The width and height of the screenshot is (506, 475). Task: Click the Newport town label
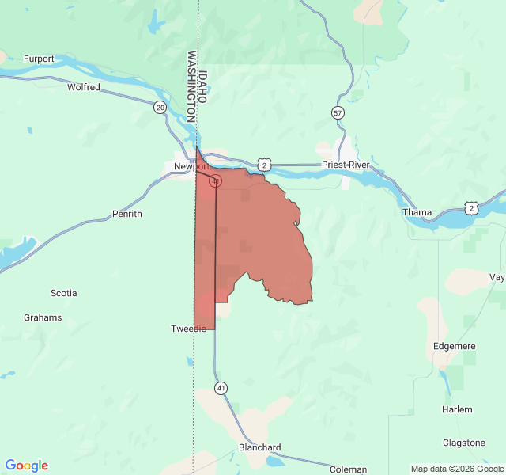tap(191, 166)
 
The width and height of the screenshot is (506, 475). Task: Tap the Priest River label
tap(346, 165)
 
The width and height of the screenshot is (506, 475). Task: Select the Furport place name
tap(39, 59)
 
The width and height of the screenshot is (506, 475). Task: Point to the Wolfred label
tap(84, 87)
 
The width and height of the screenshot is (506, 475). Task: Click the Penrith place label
tap(126, 214)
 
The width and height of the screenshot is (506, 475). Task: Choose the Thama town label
tap(417, 212)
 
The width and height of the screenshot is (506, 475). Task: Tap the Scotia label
tap(64, 293)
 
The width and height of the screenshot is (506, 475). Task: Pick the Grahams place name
tap(43, 317)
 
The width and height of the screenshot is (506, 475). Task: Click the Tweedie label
tap(188, 329)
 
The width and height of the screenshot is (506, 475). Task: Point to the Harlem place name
tap(457, 409)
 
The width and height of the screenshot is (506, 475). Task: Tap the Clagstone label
tap(464, 443)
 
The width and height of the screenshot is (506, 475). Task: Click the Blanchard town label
tap(259, 447)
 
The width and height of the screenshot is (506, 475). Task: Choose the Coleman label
tap(348, 469)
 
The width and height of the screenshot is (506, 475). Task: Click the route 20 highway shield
tap(160, 107)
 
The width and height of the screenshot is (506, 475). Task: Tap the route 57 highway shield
tap(338, 112)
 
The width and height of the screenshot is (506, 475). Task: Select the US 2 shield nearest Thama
tap(471, 208)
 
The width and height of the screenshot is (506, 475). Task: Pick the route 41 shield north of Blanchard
tap(221, 388)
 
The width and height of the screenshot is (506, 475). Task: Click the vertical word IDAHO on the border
tap(203, 86)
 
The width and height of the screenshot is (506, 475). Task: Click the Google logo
tap(27, 465)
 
